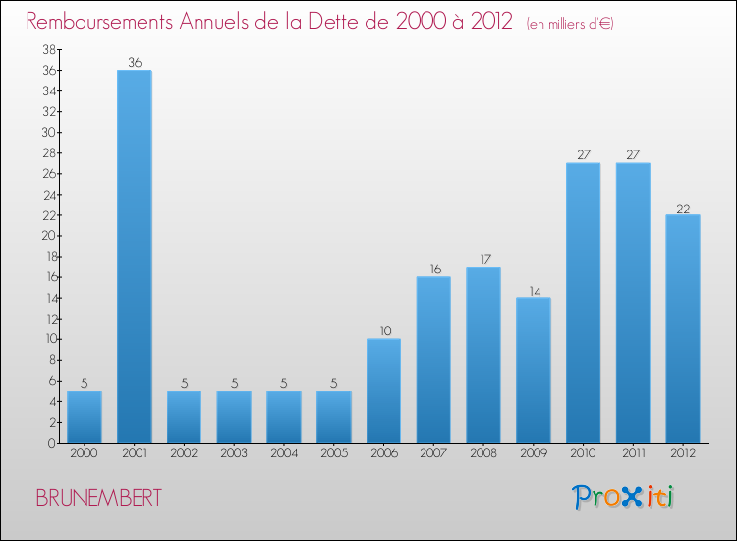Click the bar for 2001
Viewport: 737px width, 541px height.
(x=135, y=256)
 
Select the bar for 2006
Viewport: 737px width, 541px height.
(x=383, y=391)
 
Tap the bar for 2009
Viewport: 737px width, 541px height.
(x=534, y=370)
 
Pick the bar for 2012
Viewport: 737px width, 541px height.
(x=683, y=329)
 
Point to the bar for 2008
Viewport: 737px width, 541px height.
(x=483, y=354)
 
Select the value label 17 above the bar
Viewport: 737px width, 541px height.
(x=483, y=260)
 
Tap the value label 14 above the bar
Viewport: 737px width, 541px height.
(x=534, y=291)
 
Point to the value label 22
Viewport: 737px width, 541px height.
(x=683, y=209)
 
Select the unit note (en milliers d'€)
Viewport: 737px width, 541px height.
(x=570, y=23)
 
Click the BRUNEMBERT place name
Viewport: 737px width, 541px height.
(x=99, y=498)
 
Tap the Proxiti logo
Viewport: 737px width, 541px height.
(x=624, y=497)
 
